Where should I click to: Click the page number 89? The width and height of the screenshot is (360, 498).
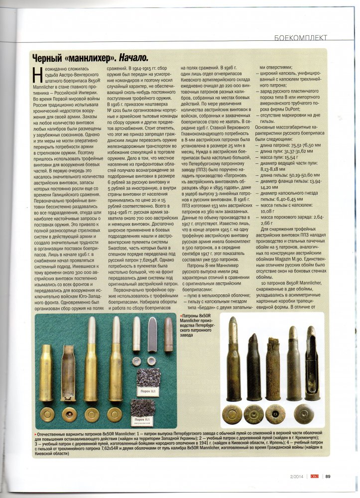328,475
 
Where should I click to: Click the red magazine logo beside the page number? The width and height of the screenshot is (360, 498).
315,475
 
